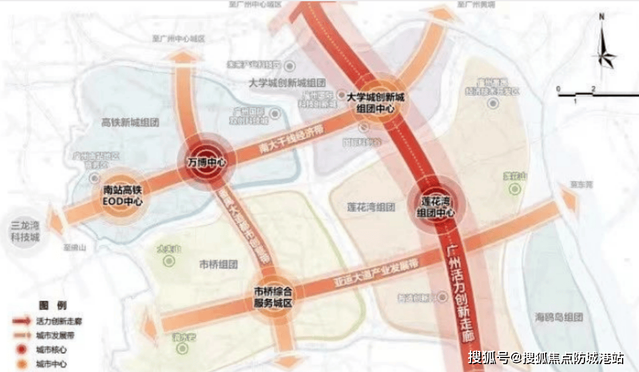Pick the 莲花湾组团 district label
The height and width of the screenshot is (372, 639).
coord(370,207)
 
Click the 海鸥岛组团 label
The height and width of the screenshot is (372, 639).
coord(558,316)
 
